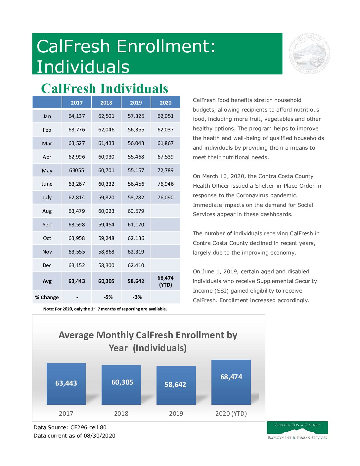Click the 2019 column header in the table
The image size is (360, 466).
[x=136, y=103]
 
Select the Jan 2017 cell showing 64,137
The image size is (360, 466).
[x=76, y=116]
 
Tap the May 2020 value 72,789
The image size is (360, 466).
[x=165, y=170]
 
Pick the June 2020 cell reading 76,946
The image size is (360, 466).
[x=165, y=184]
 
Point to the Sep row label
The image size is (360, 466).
[x=47, y=225]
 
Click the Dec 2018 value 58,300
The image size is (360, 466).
[x=106, y=265]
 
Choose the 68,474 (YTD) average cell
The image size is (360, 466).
[x=165, y=281]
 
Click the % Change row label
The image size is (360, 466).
[x=47, y=298]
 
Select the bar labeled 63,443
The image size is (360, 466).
[x=66, y=384]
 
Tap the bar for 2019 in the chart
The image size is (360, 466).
[x=176, y=385]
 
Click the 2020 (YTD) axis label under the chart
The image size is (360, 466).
[x=231, y=413]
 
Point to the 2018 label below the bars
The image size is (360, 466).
[x=121, y=413]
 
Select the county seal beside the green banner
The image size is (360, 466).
[x=309, y=54]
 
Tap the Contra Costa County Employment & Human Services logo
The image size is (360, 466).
[x=297, y=430]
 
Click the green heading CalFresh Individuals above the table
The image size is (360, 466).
[x=105, y=89]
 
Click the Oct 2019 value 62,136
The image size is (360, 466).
[x=136, y=238]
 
